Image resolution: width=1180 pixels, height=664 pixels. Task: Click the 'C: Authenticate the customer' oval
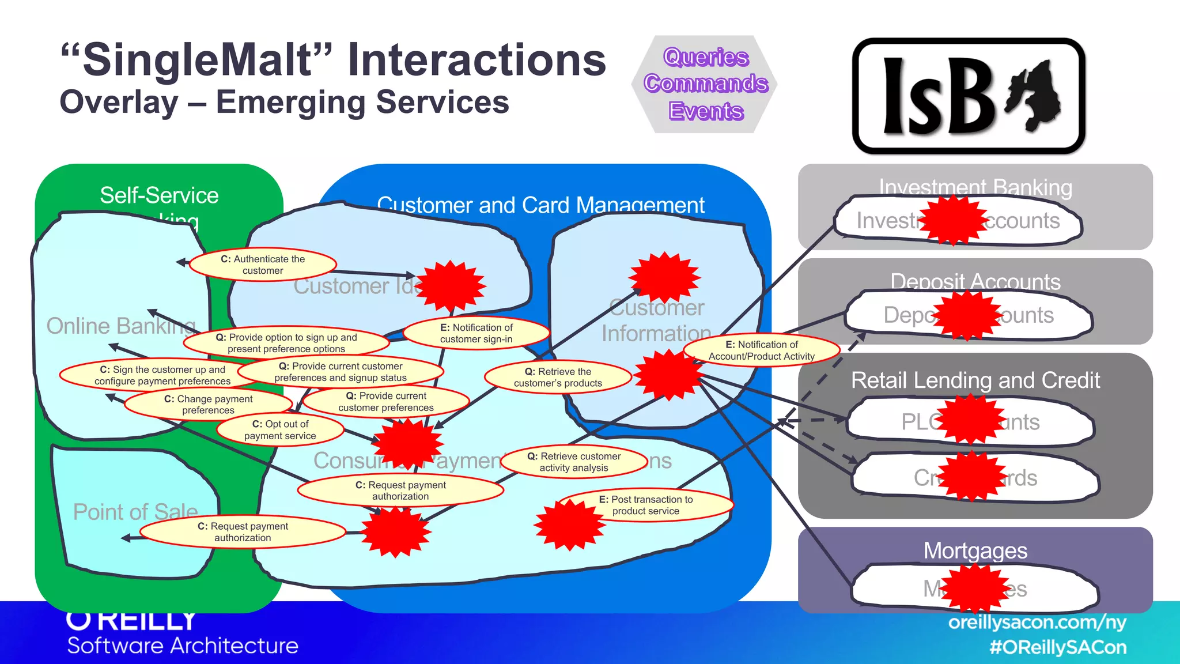[x=263, y=265]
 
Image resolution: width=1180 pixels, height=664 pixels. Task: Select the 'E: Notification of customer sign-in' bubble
[x=476, y=333]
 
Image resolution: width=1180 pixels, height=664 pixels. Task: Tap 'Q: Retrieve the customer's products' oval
[x=558, y=377]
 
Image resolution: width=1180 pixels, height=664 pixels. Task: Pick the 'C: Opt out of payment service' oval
[x=280, y=430]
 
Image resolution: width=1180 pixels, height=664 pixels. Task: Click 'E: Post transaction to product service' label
[x=646, y=505]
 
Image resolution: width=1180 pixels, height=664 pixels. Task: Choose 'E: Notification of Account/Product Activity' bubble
[x=761, y=350]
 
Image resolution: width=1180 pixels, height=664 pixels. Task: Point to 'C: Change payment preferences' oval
[x=208, y=404]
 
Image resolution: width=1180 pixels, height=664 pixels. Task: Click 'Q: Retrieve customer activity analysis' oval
[x=574, y=462]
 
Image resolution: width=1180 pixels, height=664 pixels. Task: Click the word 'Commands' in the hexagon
[x=706, y=84]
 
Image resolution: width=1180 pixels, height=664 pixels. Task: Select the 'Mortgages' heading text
[x=975, y=550]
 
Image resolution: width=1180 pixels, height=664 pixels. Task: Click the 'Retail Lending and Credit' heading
[x=975, y=380]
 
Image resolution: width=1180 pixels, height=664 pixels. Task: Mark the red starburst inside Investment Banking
[x=953, y=220]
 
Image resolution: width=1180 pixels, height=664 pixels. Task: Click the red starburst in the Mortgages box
[x=975, y=588]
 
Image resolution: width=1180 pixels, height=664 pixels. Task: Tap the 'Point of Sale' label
[x=135, y=512]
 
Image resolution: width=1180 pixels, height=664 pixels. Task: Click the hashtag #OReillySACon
[x=1058, y=647]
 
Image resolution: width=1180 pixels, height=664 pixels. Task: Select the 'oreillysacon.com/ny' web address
[x=1037, y=622]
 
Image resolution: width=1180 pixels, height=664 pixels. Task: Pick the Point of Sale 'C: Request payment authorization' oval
[x=243, y=531]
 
